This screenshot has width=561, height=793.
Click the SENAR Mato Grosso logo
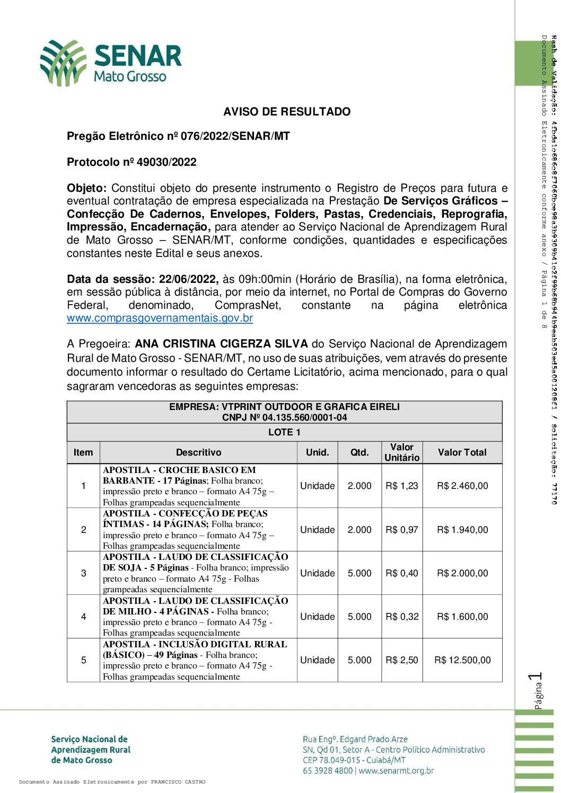(x=111, y=63)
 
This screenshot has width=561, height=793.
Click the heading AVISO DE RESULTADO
(x=286, y=112)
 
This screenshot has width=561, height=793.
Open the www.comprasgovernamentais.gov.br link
(x=160, y=318)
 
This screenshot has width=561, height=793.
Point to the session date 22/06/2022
(x=188, y=279)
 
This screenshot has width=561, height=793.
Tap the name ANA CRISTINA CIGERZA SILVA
(x=221, y=344)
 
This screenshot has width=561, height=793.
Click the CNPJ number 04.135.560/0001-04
(x=304, y=417)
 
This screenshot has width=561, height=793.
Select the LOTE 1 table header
(x=284, y=432)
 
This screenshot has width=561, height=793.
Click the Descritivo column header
(x=198, y=452)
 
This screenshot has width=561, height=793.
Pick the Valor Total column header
(x=462, y=452)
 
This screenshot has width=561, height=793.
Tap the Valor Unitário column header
(x=401, y=452)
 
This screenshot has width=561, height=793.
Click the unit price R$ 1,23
(x=401, y=486)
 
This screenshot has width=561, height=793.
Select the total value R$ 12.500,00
(x=462, y=660)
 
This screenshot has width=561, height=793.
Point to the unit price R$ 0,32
(x=401, y=617)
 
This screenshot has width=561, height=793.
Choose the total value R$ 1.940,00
(x=462, y=530)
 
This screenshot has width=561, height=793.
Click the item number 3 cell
(x=83, y=573)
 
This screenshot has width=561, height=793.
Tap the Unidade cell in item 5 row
(x=317, y=660)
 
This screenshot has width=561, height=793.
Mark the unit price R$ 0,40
(x=401, y=573)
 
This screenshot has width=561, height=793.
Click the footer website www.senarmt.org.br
(x=396, y=771)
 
